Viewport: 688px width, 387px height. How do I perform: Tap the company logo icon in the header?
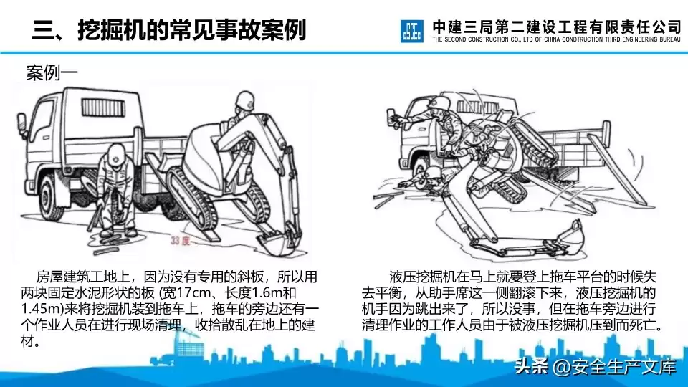tap(414, 30)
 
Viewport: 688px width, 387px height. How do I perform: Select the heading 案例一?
tap(51, 72)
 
